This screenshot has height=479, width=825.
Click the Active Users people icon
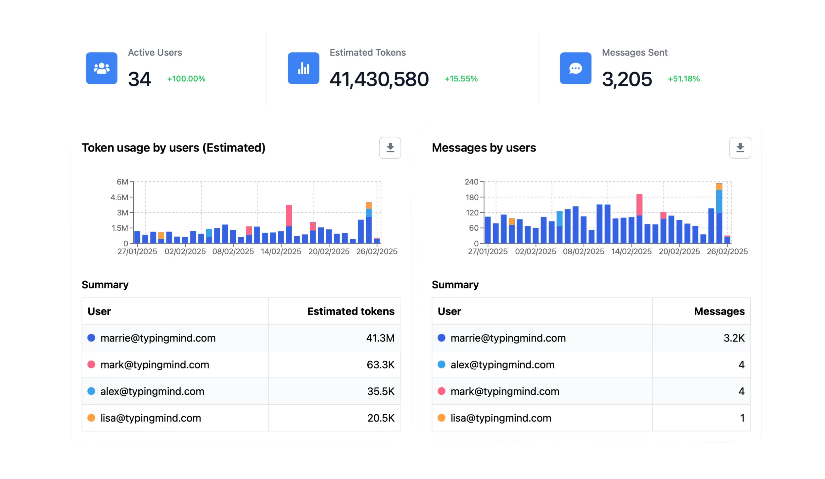click(101, 68)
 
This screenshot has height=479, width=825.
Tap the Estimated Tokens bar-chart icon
click(303, 68)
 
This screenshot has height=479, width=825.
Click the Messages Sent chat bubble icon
click(575, 68)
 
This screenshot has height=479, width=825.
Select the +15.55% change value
click(461, 79)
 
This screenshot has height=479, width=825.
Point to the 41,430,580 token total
click(379, 79)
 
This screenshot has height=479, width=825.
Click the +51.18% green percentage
click(684, 79)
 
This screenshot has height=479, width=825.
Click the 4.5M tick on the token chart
click(119, 197)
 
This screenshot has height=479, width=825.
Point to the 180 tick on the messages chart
click(472, 197)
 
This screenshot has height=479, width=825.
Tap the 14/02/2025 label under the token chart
click(281, 251)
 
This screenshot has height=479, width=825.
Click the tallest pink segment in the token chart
click(289, 215)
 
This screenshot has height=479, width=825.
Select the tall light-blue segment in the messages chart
click(719, 201)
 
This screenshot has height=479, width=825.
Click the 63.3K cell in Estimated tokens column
click(380, 364)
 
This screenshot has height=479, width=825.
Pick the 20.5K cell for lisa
click(381, 418)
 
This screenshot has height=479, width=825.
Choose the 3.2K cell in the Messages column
click(734, 338)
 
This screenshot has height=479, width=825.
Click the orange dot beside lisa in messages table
click(441, 418)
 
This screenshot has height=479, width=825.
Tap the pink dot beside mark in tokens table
click(91, 364)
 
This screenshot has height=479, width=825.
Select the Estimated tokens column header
click(351, 311)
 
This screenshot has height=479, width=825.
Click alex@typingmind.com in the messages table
click(502, 364)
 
